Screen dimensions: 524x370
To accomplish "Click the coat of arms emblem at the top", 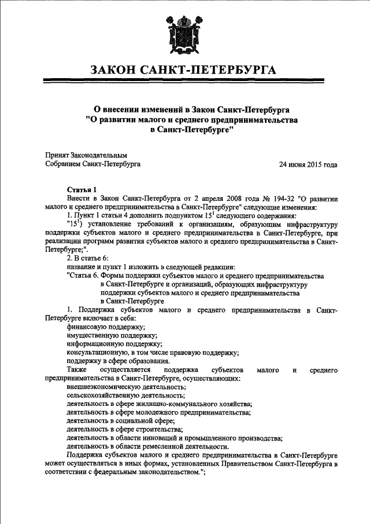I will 185,34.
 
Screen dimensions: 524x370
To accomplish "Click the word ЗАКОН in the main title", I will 120,71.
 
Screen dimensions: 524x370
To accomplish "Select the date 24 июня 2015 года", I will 308,164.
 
